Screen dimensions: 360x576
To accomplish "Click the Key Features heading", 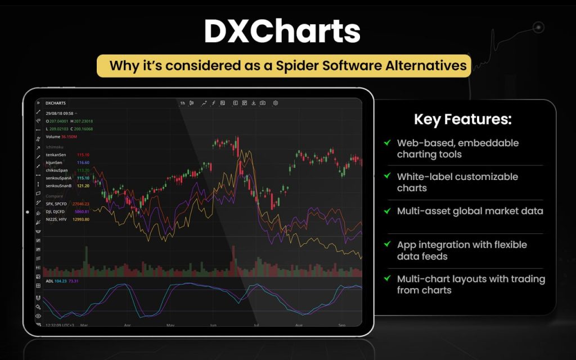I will [x=463, y=119].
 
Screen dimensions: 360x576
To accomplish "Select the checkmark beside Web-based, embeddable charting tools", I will [x=386, y=143].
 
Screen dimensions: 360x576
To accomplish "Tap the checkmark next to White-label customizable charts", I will [x=386, y=177].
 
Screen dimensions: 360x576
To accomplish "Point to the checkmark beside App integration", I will [x=386, y=245].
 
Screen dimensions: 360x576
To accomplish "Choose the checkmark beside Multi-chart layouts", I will [x=386, y=278].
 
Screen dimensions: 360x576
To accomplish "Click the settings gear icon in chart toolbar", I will [x=276, y=103].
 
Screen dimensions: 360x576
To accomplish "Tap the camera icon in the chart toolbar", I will [x=262, y=103].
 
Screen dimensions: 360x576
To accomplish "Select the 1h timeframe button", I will [x=182, y=103].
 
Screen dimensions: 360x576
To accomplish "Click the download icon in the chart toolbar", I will [x=254, y=103].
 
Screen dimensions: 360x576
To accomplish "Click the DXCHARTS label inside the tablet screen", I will [x=56, y=103].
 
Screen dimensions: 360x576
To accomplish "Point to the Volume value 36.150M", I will [x=69, y=137].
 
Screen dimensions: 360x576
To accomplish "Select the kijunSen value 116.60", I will [x=83, y=162].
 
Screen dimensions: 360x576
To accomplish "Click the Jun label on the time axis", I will [x=213, y=325].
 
